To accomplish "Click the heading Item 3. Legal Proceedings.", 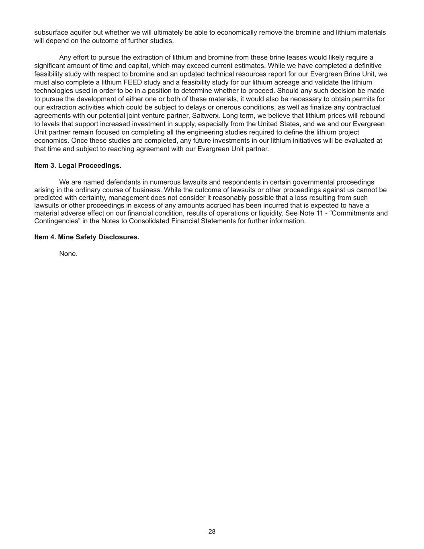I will (x=78, y=165).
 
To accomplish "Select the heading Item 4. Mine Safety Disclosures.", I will (x=87, y=237).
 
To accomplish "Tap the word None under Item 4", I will (x=68, y=253).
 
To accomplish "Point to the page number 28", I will (x=212, y=532).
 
